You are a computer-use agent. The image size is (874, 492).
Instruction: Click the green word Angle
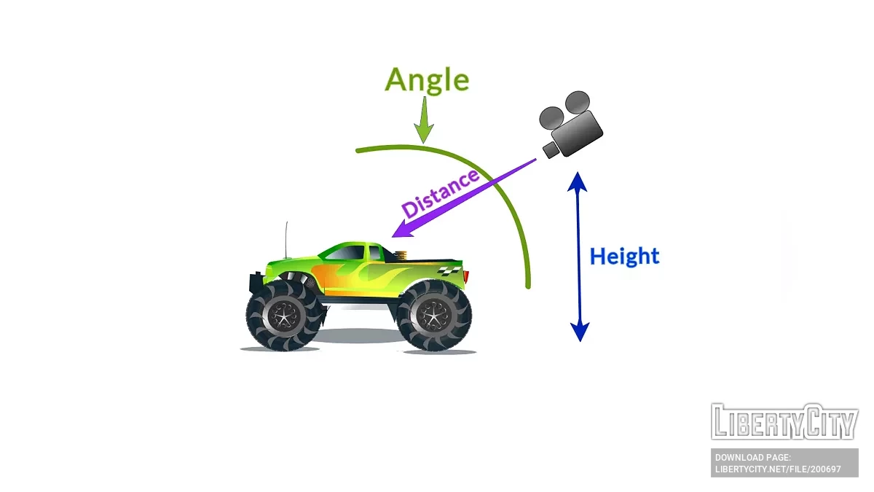point(427,80)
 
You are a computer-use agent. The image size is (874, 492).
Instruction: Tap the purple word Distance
point(441,194)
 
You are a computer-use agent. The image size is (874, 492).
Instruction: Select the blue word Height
point(624,257)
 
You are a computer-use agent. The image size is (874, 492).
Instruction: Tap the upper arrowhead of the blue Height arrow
point(578,181)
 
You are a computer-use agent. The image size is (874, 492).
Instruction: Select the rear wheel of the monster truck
point(434,316)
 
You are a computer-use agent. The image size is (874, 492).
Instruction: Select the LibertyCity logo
point(784,421)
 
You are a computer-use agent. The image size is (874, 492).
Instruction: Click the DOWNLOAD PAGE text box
point(784,463)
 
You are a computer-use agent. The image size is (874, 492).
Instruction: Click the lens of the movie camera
point(551,149)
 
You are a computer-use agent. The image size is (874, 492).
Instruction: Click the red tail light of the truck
point(466,276)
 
